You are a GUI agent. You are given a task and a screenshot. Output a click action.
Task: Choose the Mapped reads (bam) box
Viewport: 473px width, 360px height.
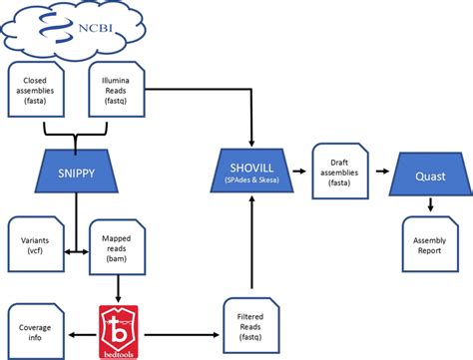tap(112, 240)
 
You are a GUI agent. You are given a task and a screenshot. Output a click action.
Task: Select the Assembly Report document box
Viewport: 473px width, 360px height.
tap(429, 239)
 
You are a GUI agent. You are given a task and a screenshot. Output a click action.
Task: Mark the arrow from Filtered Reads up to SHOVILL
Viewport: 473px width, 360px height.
tap(251, 239)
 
